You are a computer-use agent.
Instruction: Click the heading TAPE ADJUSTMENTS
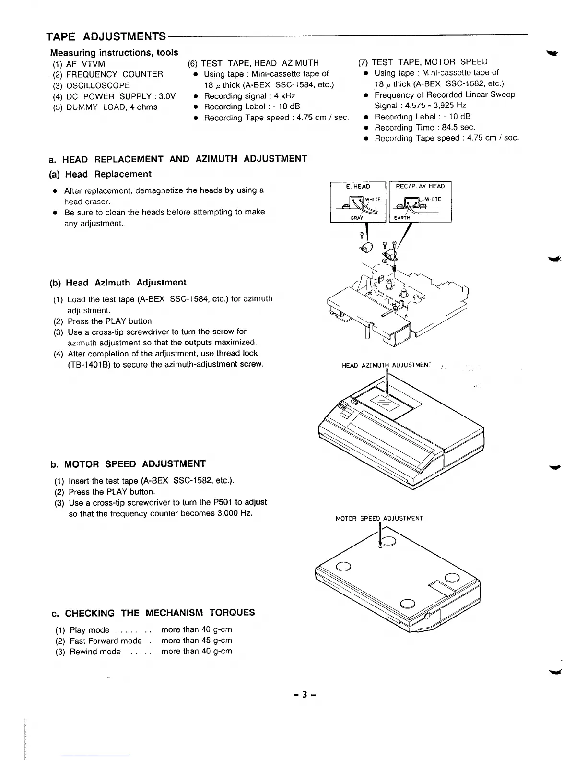[x=106, y=37]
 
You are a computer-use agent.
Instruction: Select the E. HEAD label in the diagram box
[x=358, y=186]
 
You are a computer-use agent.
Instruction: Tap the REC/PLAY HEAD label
[x=421, y=186]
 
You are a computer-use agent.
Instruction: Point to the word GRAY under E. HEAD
[x=357, y=217]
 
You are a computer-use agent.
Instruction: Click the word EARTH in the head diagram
[x=402, y=217]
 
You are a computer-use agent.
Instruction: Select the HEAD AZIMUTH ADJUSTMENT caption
[x=387, y=366]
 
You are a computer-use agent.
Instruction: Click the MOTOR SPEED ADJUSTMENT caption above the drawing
[x=379, y=518]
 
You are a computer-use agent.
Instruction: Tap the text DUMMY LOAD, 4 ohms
[x=112, y=107]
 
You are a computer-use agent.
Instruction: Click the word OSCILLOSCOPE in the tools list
[x=98, y=85]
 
